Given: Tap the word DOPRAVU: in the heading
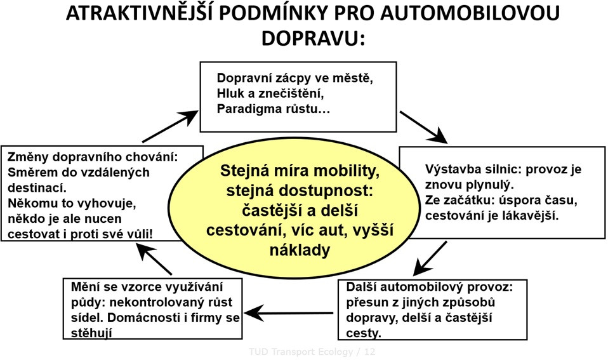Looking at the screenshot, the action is point(314,38).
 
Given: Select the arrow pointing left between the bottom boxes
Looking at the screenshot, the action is point(289,313).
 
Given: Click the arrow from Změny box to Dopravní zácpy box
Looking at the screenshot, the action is point(170,126).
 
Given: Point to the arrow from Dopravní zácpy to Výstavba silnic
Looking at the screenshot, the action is point(423,127).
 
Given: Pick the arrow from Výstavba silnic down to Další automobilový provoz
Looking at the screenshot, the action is point(430,258).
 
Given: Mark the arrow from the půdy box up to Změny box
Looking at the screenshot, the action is point(154,259).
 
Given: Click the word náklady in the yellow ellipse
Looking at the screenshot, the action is point(300,250).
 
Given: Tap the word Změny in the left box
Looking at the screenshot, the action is point(28,157).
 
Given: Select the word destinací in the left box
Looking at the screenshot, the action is point(37,188).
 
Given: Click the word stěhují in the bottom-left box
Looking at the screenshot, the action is point(91,333).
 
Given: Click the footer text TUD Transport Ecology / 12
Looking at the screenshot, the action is point(312,352).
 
